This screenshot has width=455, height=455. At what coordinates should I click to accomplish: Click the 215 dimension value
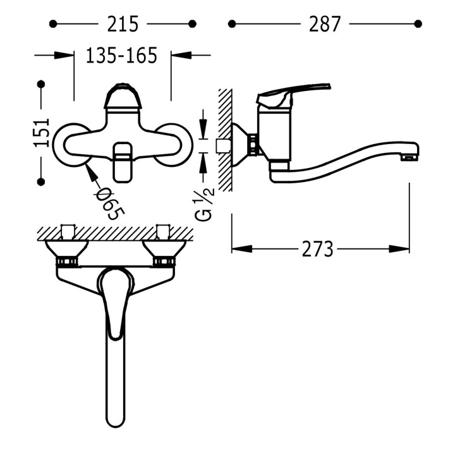(x=123, y=24)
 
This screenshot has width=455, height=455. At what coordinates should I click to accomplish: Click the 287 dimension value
(x=324, y=24)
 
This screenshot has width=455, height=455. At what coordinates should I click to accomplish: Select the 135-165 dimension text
(x=121, y=55)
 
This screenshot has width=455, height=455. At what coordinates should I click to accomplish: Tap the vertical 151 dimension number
(x=42, y=133)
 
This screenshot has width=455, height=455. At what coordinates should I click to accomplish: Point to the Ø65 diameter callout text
(x=111, y=204)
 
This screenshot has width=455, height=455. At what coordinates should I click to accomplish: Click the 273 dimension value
(x=317, y=249)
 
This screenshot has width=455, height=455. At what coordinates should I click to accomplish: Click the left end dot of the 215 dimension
(x=53, y=24)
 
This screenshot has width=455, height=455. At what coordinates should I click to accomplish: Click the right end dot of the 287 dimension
(x=418, y=24)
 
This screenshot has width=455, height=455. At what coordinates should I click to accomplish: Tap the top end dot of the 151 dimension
(x=41, y=84)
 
